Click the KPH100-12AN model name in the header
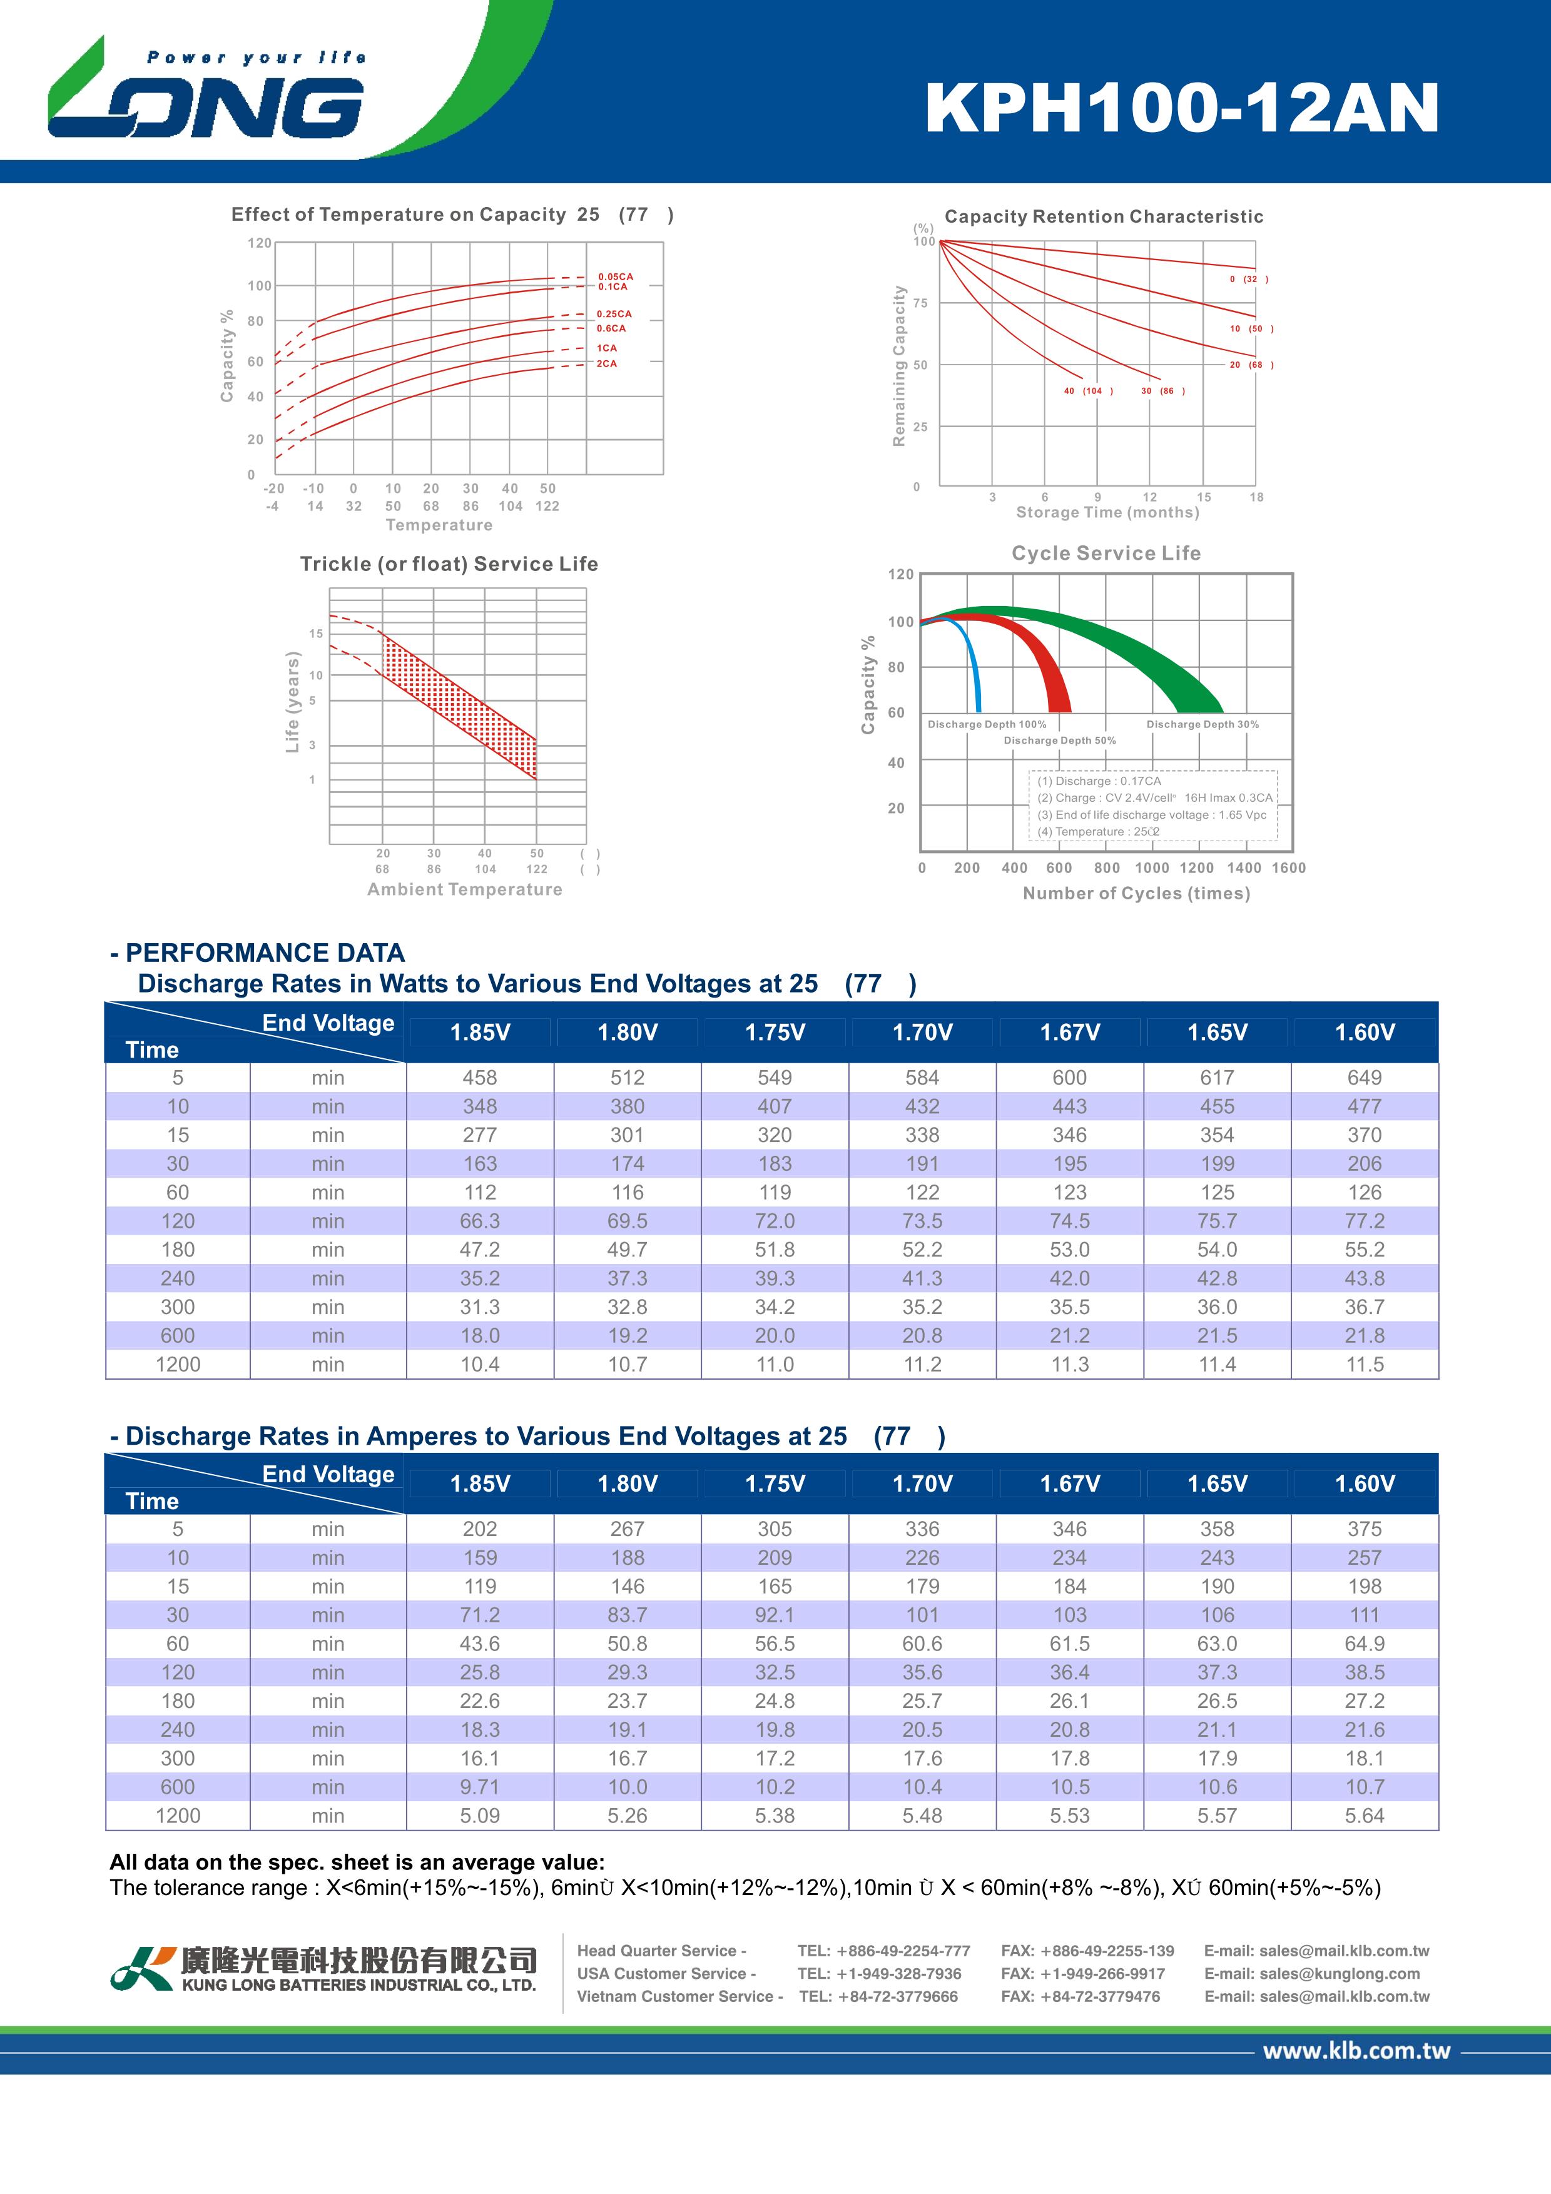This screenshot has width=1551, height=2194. pyautogui.click(x=1182, y=108)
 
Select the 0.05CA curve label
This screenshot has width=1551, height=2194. pyautogui.click(x=616, y=276)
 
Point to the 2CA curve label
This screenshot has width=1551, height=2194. pyautogui.click(x=607, y=363)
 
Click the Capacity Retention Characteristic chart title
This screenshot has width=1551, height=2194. pyautogui.click(x=1104, y=217)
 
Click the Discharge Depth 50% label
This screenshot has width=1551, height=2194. pyautogui.click(x=1060, y=741)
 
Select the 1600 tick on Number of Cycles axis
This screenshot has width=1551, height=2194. pyautogui.click(x=1288, y=867)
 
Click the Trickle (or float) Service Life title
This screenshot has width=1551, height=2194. pyautogui.click(x=449, y=564)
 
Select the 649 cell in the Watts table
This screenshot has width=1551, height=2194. pyautogui.click(x=1364, y=1077)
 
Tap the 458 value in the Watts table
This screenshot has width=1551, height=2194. pyautogui.click(x=480, y=1077)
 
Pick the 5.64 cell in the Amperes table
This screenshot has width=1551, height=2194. pyautogui.click(x=1364, y=1816)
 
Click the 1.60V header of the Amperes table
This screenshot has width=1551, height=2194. pyautogui.click(x=1365, y=1483)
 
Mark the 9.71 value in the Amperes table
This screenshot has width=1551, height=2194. pyautogui.click(x=480, y=1787)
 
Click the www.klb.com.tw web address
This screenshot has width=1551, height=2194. pyautogui.click(x=1356, y=2051)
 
